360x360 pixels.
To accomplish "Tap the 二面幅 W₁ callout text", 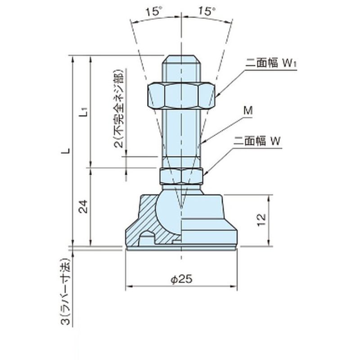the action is pyautogui.click(x=271, y=63).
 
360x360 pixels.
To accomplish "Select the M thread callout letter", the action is pyautogui.click(x=248, y=111).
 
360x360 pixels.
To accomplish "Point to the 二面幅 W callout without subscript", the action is pyautogui.click(x=257, y=141).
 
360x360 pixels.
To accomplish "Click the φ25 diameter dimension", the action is pyautogui.click(x=181, y=279).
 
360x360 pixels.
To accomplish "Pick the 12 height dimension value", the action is pyautogui.click(x=261, y=220).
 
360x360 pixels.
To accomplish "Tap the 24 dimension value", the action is pyautogui.click(x=83, y=207).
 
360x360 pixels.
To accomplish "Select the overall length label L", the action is pyautogui.click(x=66, y=151).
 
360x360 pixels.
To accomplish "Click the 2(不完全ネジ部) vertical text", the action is pyautogui.click(x=119, y=109).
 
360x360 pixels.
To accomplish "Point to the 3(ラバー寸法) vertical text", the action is pyautogui.click(x=66, y=292).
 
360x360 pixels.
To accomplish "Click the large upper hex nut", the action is pyautogui.click(x=181, y=95).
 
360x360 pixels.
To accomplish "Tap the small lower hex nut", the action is pyautogui.click(x=181, y=176).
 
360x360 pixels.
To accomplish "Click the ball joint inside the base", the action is pyautogui.click(x=169, y=212).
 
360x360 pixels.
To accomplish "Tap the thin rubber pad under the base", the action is pyautogui.click(x=181, y=249).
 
